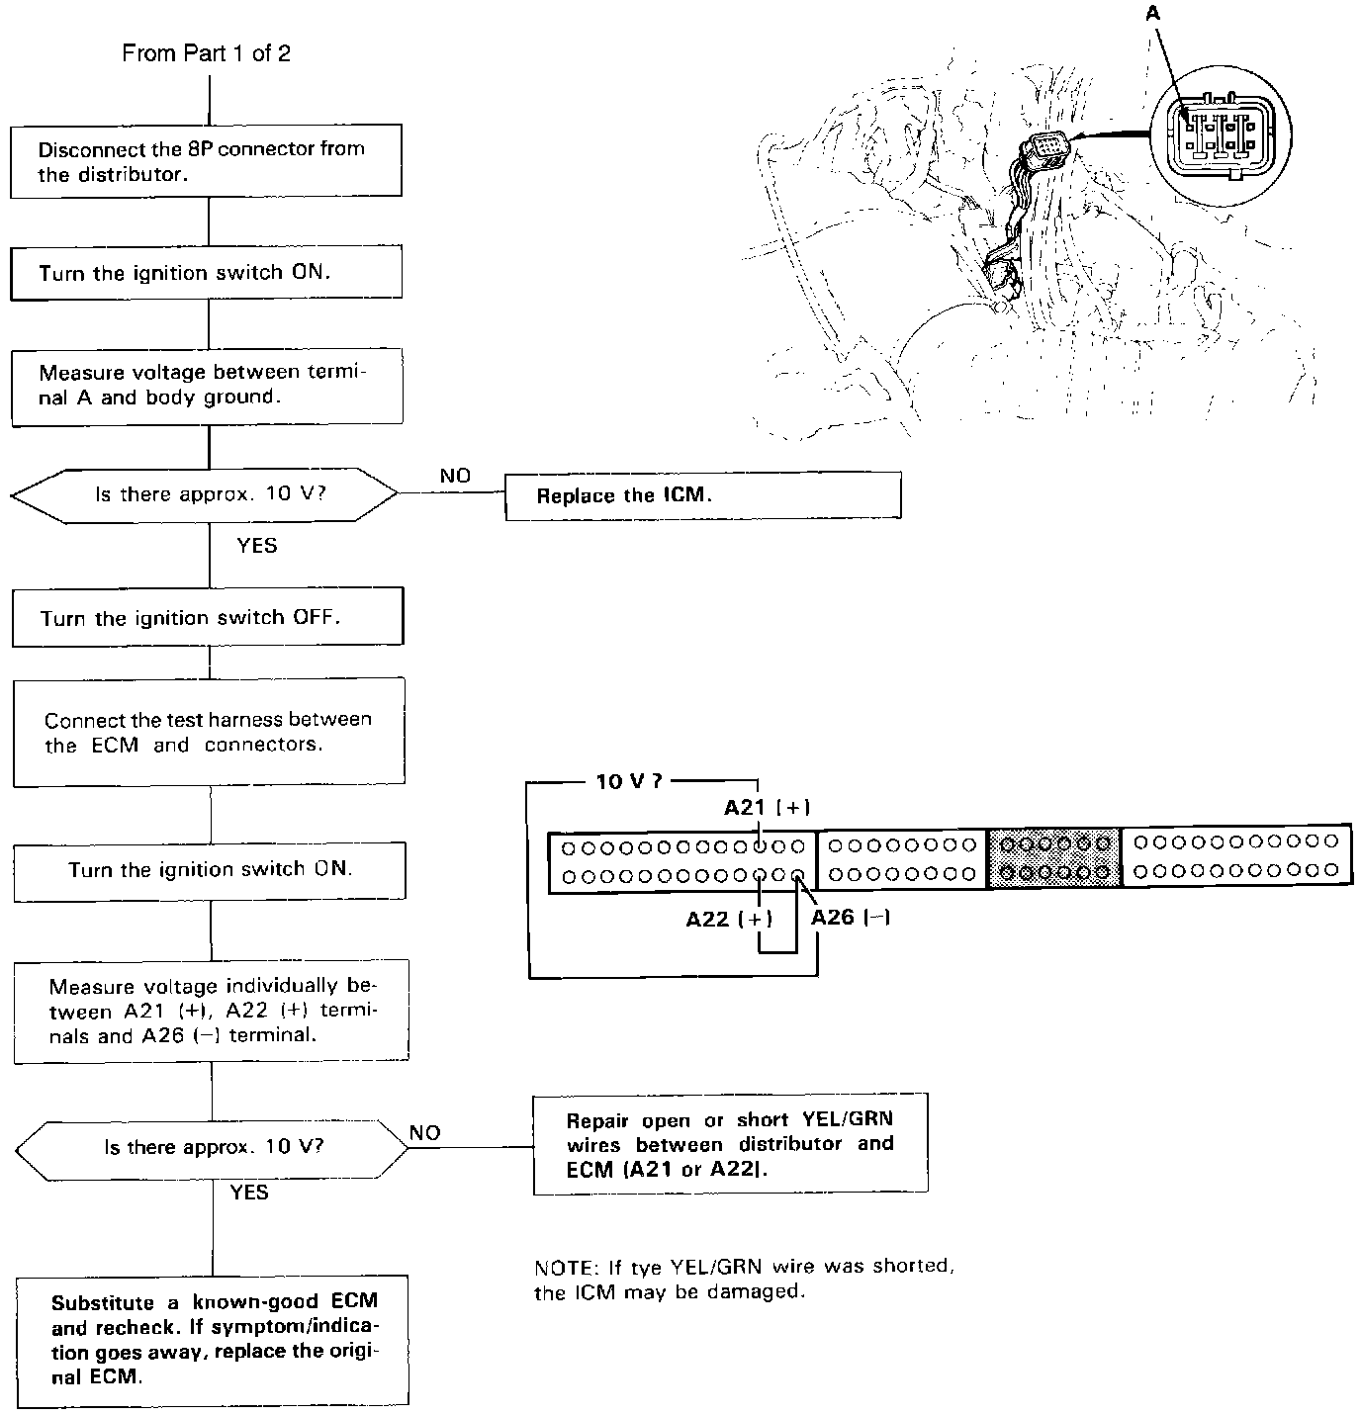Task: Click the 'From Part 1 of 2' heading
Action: (206, 53)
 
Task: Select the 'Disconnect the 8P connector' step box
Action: (206, 160)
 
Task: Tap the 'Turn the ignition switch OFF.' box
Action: (208, 618)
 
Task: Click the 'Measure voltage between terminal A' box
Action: (207, 385)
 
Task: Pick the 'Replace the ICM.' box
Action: (702, 495)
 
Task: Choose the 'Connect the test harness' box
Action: (209, 732)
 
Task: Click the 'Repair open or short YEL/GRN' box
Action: (730, 1144)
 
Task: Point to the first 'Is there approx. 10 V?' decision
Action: (208, 493)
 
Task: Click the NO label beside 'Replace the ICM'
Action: (455, 477)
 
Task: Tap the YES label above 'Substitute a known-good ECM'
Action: (249, 1193)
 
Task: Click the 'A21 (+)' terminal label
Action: (767, 808)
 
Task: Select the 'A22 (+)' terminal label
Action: (729, 920)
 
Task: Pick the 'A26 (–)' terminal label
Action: (851, 918)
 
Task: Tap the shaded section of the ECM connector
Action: (1054, 857)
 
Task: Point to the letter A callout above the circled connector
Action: (1152, 13)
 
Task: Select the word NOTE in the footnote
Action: (560, 1268)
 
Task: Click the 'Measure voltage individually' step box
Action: (212, 1011)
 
